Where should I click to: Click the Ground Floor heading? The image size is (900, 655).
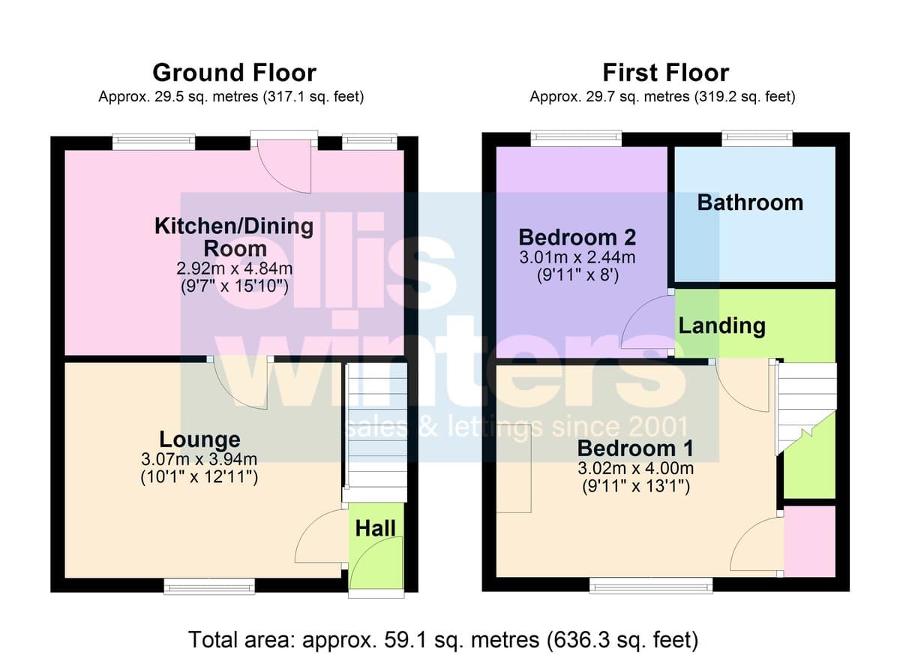pos(234,73)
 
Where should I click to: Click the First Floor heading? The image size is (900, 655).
pos(666,73)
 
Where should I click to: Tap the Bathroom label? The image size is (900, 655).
pos(750,203)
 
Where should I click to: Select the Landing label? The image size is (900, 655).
pos(722,326)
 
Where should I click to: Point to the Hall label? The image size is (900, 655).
pos(375,528)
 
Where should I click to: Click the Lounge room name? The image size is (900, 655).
pos(199,439)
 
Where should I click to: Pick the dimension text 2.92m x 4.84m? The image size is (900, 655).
pos(234,269)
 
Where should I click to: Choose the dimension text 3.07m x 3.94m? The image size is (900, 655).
pos(199,459)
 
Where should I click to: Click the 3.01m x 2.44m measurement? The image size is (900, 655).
pos(577,257)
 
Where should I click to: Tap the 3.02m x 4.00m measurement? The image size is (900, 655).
pos(636,468)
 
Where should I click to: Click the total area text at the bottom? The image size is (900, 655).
pos(443,639)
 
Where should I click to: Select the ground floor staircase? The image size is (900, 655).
pos(376,432)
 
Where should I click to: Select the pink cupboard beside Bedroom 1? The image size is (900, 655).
pos(809,541)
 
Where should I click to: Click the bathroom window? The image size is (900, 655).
pos(757,139)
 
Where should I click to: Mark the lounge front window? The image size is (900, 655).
pos(209,587)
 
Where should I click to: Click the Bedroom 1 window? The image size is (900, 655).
pos(651,586)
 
